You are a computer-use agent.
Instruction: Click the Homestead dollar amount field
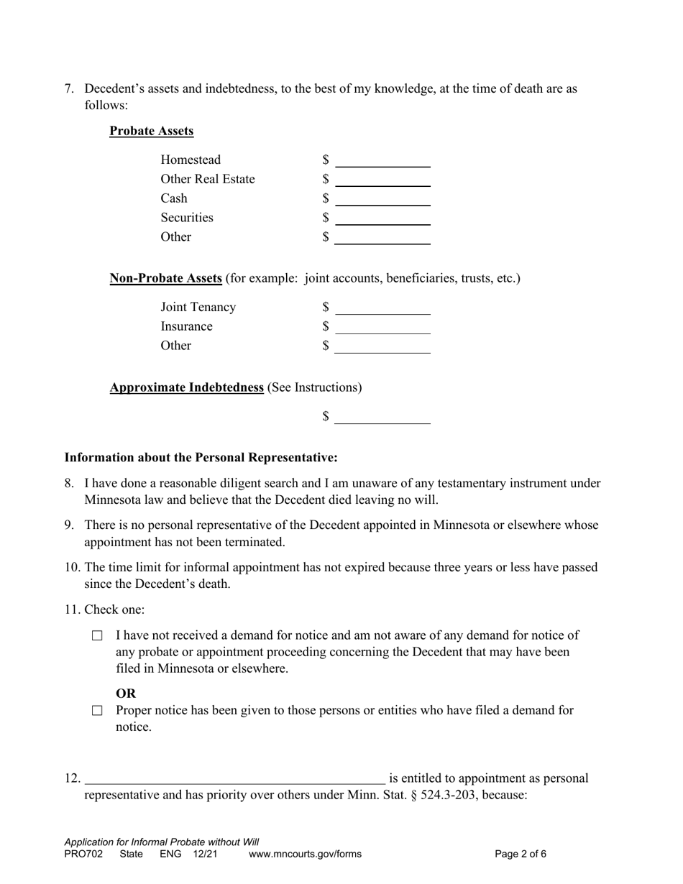pos(382,160)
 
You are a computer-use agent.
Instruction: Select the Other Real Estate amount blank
pos(382,180)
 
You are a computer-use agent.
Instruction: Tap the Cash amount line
pos(382,199)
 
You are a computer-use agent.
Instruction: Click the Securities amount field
pos(382,218)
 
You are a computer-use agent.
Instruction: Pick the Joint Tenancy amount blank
pos(382,308)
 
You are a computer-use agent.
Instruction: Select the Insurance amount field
pos(382,327)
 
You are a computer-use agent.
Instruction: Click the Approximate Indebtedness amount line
pos(382,417)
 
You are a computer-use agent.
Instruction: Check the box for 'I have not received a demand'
pos(98,636)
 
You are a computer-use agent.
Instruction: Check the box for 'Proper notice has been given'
pos(98,711)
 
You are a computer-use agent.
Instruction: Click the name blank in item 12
pos(234,778)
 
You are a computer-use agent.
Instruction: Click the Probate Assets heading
pos(151,131)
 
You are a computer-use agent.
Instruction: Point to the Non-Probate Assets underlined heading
pos(165,278)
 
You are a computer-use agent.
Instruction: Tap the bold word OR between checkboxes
pos(126,694)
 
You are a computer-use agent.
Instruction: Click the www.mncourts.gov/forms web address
pos(305,855)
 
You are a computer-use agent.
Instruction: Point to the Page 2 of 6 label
pos(521,855)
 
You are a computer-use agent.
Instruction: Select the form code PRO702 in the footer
pos(83,855)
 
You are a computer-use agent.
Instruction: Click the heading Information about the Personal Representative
pos(201,458)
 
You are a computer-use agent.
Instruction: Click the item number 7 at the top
pos(69,89)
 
